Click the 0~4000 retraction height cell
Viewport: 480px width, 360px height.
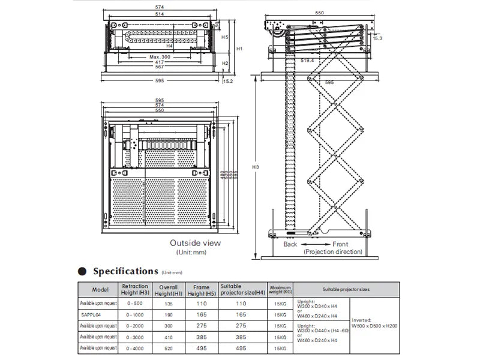pyautogui.click(x=135, y=347)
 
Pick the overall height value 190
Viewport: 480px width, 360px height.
pyautogui.click(x=169, y=313)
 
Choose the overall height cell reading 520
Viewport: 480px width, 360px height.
pyautogui.click(x=169, y=347)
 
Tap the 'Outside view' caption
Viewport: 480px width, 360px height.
pyautogui.click(x=195, y=243)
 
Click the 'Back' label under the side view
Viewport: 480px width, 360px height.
pyautogui.click(x=290, y=244)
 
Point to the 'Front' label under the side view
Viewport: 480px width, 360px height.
pyautogui.click(x=341, y=244)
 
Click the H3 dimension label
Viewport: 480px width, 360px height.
pyautogui.click(x=255, y=166)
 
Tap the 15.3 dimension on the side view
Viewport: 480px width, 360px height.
pyautogui.click(x=377, y=38)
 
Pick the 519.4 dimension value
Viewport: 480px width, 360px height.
pyautogui.click(x=308, y=60)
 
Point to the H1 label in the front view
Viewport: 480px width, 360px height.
pyautogui.click(x=238, y=48)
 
